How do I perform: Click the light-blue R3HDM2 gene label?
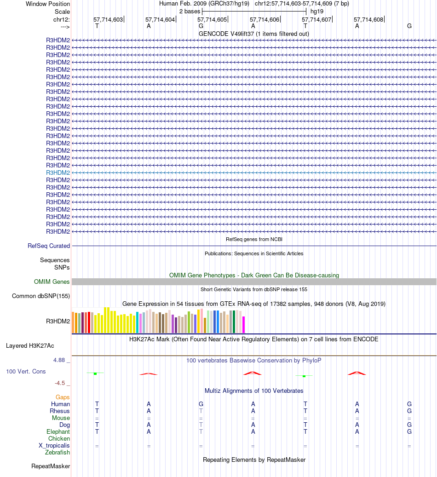[58, 172]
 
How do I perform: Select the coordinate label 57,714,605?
[212, 20]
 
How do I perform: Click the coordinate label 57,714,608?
[368, 20]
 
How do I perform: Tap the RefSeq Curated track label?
[49, 246]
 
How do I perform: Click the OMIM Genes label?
[52, 282]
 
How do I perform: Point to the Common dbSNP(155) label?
[41, 296]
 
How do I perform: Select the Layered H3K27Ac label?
[33, 345]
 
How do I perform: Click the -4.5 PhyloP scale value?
[62, 383]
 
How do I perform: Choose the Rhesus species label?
[60, 411]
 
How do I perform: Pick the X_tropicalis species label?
[54, 445]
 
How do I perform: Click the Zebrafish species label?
[57, 452]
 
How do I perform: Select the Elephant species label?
[58, 431]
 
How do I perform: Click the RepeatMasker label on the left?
[51, 466]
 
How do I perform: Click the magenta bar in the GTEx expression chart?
[244, 324]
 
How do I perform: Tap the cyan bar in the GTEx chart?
[138, 322]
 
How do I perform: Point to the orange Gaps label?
[63, 397]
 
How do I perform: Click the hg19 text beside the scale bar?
[317, 11]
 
